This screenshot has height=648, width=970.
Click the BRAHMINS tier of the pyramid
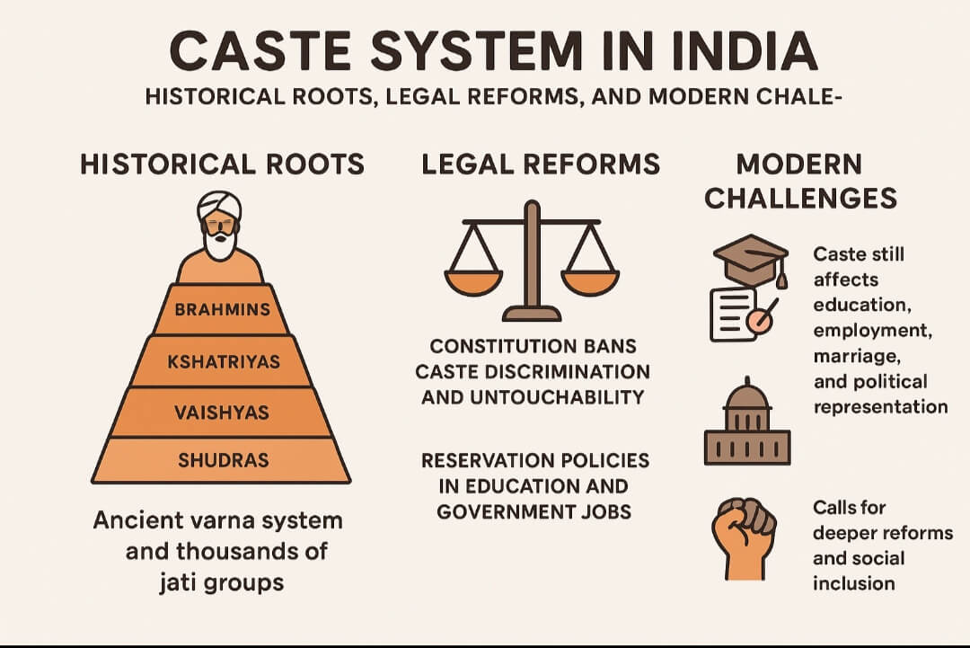pyautogui.click(x=222, y=309)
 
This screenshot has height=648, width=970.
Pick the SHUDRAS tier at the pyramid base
pyautogui.click(x=223, y=460)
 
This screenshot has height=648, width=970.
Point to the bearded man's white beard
pyautogui.click(x=221, y=244)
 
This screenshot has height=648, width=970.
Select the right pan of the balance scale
pyautogui.click(x=589, y=280)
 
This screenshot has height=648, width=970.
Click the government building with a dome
pyautogui.click(x=747, y=426)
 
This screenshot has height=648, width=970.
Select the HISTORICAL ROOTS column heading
pyautogui.click(x=222, y=164)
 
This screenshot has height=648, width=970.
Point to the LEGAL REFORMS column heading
pyautogui.click(x=541, y=164)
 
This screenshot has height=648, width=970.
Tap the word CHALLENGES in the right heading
pyautogui.click(x=800, y=198)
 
